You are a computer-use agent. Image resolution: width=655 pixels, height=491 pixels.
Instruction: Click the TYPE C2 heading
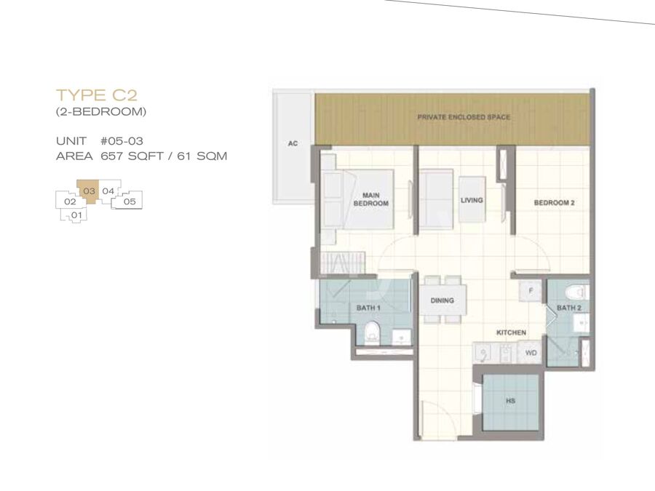[97, 95]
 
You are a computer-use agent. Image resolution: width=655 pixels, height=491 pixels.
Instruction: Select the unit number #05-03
[122, 140]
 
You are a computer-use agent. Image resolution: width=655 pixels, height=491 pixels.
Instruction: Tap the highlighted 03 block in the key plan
[89, 191]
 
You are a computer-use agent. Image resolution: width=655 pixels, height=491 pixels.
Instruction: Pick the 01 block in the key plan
[76, 215]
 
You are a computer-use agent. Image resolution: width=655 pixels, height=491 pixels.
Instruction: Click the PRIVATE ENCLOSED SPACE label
[464, 117]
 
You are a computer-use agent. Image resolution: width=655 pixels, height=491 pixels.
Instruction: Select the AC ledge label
[293, 143]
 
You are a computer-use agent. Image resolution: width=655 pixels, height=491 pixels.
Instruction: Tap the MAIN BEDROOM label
[371, 199]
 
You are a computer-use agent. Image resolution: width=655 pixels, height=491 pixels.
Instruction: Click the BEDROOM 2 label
[555, 203]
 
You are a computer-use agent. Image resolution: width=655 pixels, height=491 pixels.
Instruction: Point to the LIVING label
[472, 201]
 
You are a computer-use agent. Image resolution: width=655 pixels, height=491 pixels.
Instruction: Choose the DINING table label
[442, 300]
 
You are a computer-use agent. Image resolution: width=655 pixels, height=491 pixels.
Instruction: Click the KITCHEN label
[512, 332]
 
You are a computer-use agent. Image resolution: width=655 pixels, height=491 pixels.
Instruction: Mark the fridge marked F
[531, 290]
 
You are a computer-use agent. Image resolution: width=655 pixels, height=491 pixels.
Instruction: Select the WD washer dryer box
[531, 353]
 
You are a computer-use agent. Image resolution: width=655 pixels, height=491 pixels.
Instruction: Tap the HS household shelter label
[510, 401]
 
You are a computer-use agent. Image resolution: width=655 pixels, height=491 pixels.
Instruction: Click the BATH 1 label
[368, 308]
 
